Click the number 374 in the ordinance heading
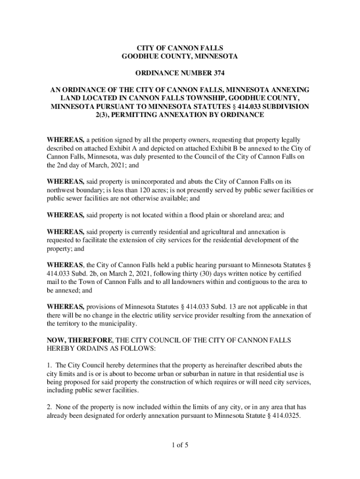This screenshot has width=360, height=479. click(218, 73)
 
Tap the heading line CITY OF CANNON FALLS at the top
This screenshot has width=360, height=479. click(180, 48)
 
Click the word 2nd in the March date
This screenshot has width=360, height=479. click(64, 165)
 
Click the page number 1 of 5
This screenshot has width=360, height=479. click(180, 445)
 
